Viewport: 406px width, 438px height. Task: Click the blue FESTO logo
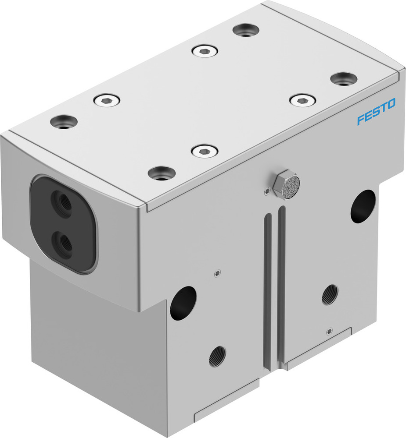pos(376,111)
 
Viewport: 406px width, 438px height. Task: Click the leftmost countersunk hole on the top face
pos(64,121)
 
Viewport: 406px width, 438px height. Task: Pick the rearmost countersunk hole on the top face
pos(246,30)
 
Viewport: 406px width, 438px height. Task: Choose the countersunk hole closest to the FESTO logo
pos(344,79)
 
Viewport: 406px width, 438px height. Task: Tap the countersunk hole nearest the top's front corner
pos(162,173)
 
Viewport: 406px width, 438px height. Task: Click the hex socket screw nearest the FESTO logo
pos(303,100)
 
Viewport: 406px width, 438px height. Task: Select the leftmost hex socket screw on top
pos(107,100)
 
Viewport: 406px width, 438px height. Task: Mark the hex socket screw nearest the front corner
pos(205,152)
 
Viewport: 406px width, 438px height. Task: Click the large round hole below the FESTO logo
pos(363,206)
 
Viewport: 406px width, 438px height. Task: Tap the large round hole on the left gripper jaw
pos(183,302)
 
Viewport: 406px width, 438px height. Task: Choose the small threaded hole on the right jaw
pos(330,294)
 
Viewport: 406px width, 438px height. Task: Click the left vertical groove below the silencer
pos(267,289)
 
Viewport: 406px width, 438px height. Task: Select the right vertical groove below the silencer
pos(281,285)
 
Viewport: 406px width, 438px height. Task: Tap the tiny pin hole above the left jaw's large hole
pos(216,274)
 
